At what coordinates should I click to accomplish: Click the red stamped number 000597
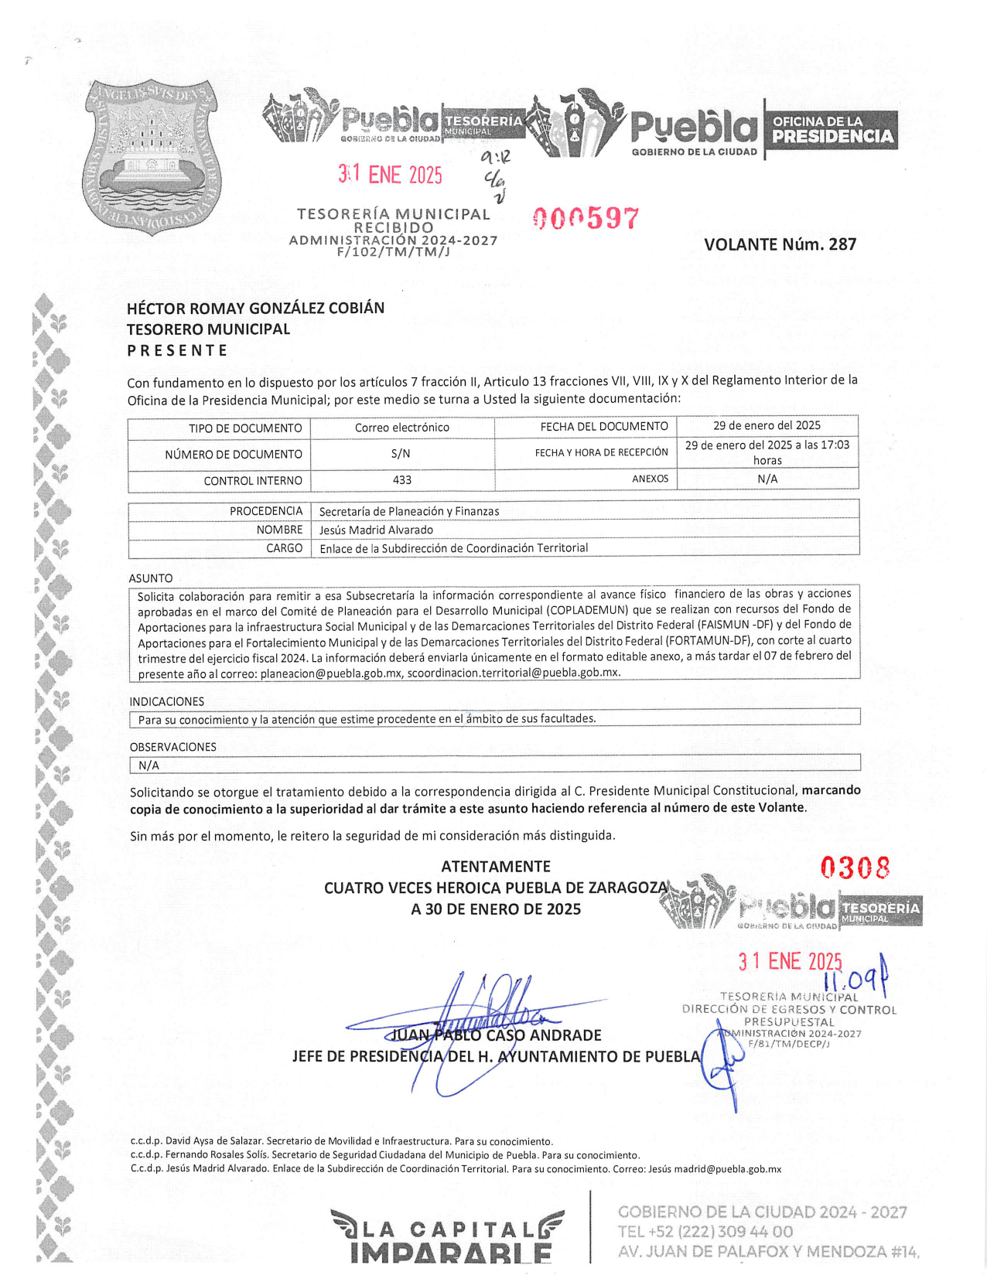(586, 219)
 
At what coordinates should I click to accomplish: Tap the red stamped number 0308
(855, 868)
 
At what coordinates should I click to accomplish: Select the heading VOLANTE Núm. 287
(780, 244)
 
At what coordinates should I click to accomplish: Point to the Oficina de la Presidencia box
(832, 130)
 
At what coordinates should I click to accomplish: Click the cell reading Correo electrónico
(402, 428)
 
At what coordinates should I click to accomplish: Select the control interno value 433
(402, 480)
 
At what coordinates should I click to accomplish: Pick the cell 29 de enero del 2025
(767, 425)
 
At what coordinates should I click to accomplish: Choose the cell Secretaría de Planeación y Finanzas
(409, 511)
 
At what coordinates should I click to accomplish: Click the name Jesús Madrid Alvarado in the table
(376, 530)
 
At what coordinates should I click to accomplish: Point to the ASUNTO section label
(151, 578)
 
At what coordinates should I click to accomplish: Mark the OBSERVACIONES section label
(172, 747)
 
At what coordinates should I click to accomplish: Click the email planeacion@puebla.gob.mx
(331, 673)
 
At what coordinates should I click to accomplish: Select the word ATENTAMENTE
(496, 867)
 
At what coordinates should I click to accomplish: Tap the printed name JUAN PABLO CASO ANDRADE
(496, 1035)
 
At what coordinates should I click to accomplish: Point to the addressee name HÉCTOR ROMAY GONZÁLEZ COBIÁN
(255, 308)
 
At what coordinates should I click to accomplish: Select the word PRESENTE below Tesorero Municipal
(177, 350)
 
